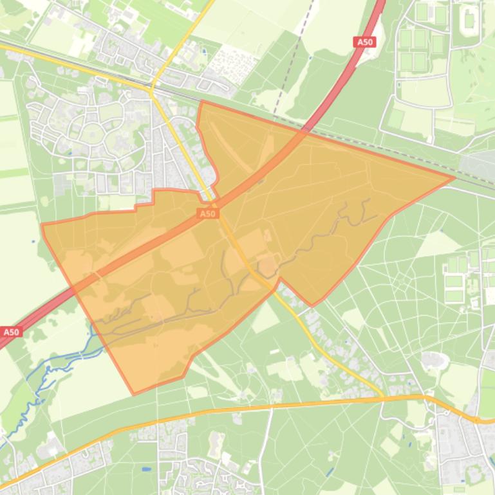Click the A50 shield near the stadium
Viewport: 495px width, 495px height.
364,42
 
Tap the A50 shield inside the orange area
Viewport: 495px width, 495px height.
207,213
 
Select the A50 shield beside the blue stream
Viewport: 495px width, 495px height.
11,332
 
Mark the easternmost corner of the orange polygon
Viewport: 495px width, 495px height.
454,177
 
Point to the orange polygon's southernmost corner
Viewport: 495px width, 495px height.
133,393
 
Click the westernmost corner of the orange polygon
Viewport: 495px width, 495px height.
42,225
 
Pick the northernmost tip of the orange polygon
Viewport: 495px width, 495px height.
202,101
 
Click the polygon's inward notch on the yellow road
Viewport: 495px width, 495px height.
278,279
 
